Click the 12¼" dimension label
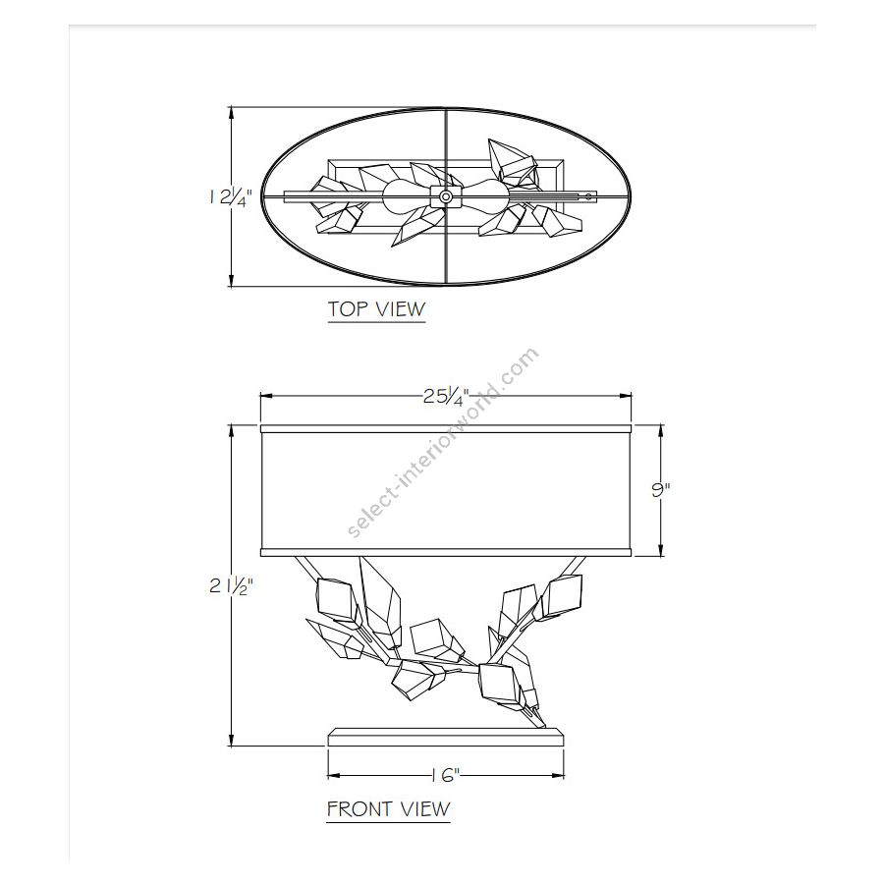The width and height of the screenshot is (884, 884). pyautogui.click(x=229, y=198)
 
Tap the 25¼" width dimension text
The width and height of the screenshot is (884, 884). pyautogui.click(x=446, y=397)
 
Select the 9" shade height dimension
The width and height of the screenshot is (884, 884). pyautogui.click(x=661, y=489)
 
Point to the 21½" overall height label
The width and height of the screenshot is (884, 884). pyautogui.click(x=231, y=586)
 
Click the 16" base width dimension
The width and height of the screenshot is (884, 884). pyautogui.click(x=446, y=776)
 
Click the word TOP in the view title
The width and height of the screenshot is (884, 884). pyautogui.click(x=349, y=309)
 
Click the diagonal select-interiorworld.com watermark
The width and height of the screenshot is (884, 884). pyautogui.click(x=443, y=443)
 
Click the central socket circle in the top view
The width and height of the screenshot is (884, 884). pyautogui.click(x=445, y=196)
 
